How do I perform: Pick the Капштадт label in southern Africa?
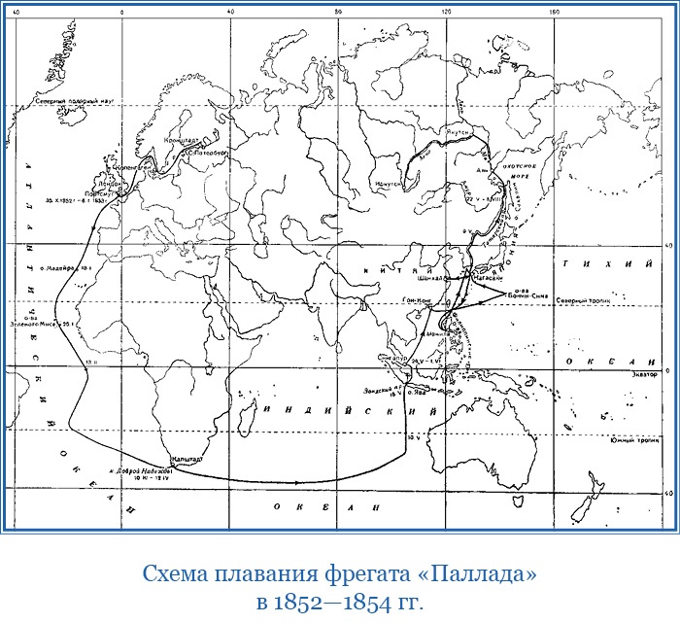pos(186,456)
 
